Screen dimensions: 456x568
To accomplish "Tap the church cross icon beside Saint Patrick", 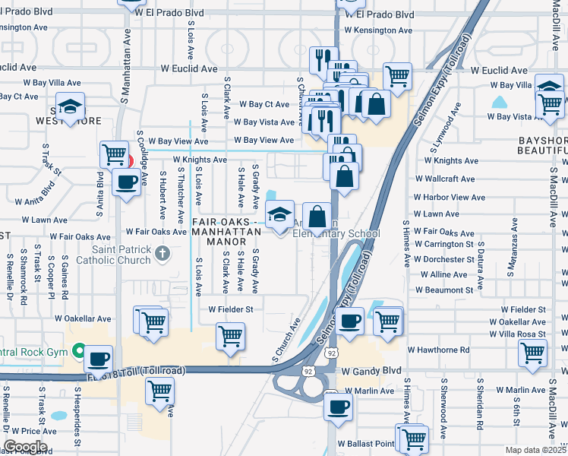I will coord(162,254).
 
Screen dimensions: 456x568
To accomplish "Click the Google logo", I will coord(25,447).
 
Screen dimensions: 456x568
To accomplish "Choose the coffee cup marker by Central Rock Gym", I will coord(98,359).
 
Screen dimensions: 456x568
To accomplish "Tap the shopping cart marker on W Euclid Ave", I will coord(397,76).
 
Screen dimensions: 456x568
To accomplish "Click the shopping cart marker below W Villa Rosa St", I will coord(532,353).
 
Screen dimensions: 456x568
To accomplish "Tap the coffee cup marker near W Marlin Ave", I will coord(338,407).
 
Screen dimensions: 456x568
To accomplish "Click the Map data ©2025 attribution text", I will coord(533,450).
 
